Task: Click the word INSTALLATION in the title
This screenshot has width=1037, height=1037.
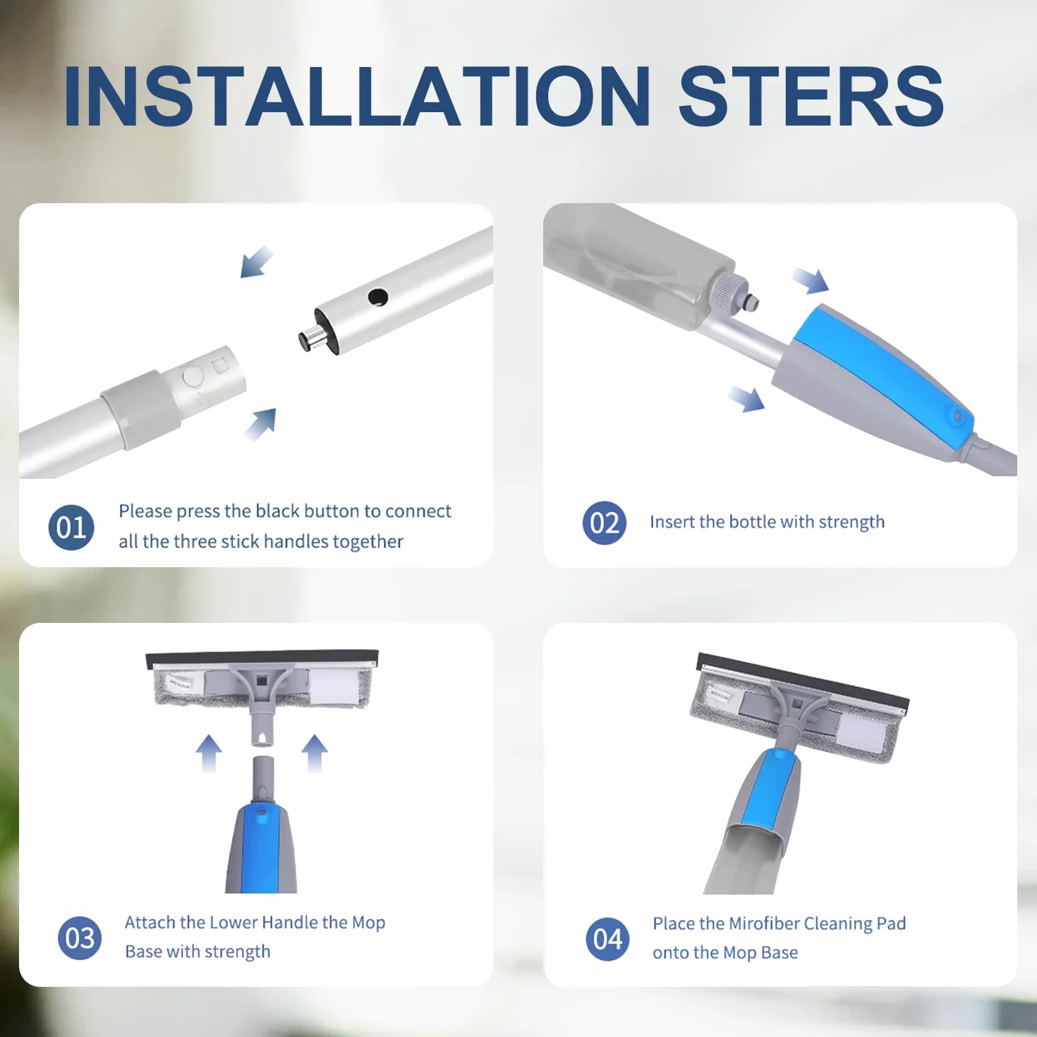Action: (357, 97)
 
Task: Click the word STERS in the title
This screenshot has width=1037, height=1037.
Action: (811, 97)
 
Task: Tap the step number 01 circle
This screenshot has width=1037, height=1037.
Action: (71, 528)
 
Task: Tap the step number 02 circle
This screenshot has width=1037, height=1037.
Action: (605, 523)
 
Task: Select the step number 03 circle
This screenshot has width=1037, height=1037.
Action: (80, 938)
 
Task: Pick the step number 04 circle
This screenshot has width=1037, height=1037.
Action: (607, 939)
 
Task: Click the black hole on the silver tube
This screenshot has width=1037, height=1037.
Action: (378, 296)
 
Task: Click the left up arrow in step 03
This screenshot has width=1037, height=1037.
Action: (209, 753)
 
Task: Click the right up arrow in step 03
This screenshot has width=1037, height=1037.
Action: (315, 753)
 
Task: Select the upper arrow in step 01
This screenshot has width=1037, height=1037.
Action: (257, 262)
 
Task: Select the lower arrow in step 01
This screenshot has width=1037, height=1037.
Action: (261, 425)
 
